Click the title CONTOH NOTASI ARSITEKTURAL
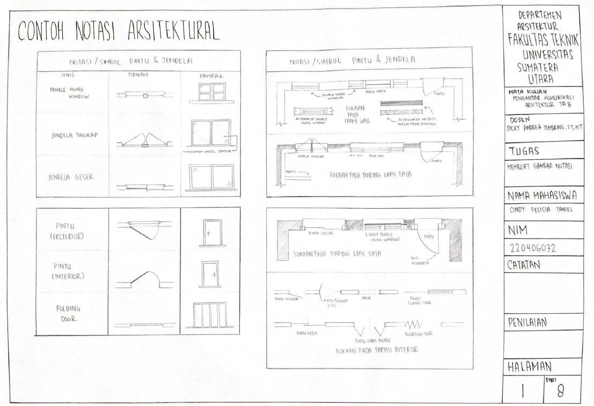point(119,32)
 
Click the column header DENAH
point(138,75)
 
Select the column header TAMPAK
point(210,76)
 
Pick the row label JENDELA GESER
point(70,177)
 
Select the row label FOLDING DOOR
point(68,314)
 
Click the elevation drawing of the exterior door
point(209,232)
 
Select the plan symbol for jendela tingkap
point(143,140)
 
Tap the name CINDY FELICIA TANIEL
point(540,210)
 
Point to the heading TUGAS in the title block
point(523,151)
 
